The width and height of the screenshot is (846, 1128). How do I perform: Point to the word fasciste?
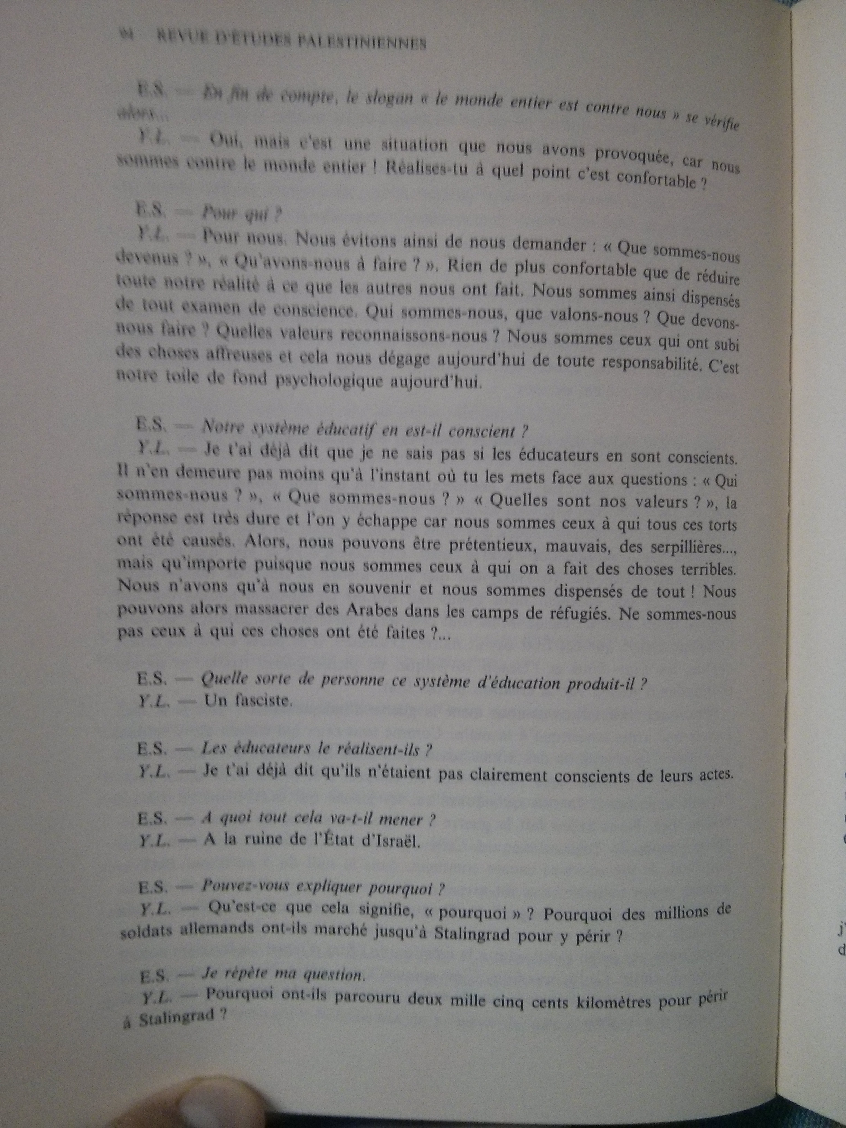248,702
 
